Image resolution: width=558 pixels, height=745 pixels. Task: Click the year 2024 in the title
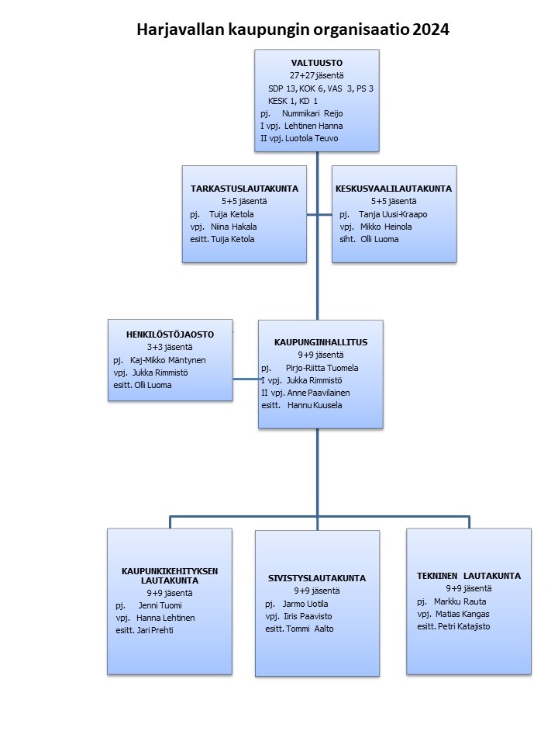(431, 29)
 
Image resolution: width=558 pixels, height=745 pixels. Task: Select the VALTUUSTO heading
(316, 63)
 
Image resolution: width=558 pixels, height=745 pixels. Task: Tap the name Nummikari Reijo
(312, 113)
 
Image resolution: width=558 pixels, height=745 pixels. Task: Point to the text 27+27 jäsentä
(316, 75)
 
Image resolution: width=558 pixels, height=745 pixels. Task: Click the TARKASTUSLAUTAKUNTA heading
(244, 189)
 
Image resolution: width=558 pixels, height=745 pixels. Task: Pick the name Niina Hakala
(233, 227)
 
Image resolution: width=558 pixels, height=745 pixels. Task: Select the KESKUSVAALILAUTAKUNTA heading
(394, 189)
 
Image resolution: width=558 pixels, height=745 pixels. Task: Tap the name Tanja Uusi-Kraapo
(393, 214)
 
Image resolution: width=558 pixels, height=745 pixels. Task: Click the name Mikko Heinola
(386, 227)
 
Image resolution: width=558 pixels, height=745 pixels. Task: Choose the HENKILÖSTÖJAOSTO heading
(170, 334)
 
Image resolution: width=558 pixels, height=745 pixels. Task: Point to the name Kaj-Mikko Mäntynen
(168, 360)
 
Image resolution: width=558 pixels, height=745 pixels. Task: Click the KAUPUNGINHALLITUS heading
(321, 342)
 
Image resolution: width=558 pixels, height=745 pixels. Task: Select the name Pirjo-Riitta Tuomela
(322, 368)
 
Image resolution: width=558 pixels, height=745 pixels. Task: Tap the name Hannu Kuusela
(315, 405)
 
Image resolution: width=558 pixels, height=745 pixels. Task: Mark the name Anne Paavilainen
(319, 393)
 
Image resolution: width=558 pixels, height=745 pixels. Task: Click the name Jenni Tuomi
(160, 605)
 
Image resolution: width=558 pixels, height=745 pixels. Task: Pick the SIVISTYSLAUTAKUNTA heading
(317, 578)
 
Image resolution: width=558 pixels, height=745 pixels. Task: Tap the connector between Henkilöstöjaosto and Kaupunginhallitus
(246, 379)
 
